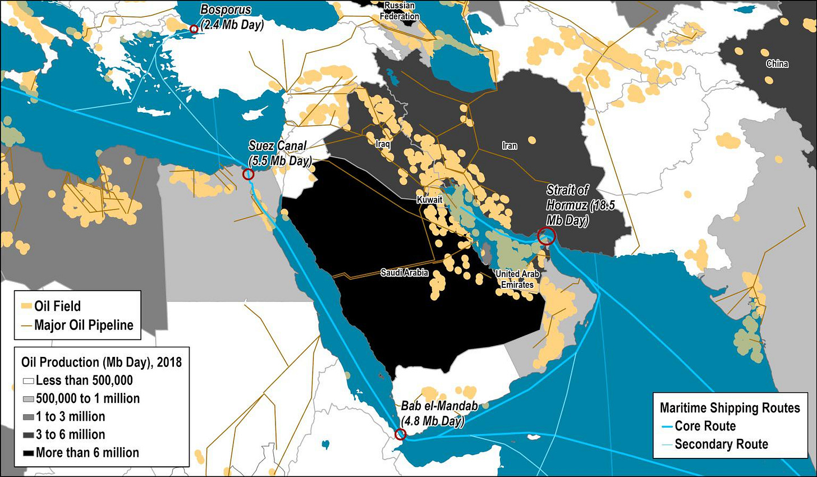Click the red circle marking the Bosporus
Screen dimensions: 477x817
coord(194,29)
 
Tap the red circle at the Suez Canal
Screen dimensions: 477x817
coord(248,174)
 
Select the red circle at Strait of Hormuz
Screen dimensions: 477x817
coord(546,236)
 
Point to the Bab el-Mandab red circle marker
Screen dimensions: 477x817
coord(400,434)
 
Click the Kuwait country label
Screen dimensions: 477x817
coord(429,200)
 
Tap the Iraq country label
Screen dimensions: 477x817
coord(383,144)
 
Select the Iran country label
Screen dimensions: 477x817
coord(510,146)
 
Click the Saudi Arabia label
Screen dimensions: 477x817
coord(404,273)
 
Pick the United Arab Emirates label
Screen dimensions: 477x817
coord(517,279)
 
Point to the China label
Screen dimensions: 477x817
coord(777,64)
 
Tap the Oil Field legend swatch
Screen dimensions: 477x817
coord(26,306)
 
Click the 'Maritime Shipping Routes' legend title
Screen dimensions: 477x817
coord(729,407)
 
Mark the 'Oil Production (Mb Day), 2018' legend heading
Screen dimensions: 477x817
coord(102,362)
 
